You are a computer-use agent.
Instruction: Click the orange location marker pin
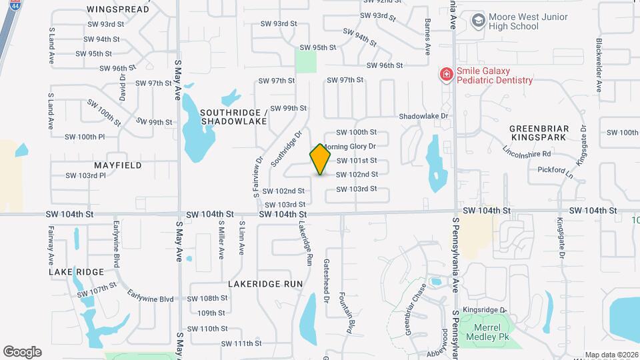click(x=321, y=159)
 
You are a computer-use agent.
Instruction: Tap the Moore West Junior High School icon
click(x=477, y=21)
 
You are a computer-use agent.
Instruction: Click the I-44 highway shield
click(x=14, y=5)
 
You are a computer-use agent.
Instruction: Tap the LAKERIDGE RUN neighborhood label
click(x=265, y=283)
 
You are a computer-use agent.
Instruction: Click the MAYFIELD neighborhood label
click(x=117, y=164)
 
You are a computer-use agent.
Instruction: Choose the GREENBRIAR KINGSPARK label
click(x=538, y=132)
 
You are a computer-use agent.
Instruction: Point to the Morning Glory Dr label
click(x=351, y=146)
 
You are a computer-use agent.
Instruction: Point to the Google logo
click(x=22, y=352)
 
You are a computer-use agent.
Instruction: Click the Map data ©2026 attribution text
click(x=611, y=355)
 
